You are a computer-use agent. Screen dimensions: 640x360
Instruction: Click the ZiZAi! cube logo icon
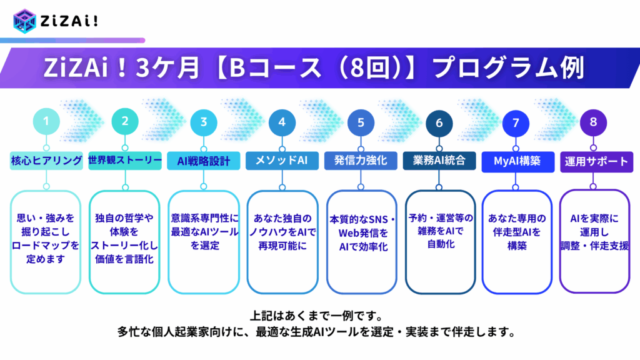(x=24, y=21)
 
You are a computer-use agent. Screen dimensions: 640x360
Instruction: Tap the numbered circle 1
(x=46, y=121)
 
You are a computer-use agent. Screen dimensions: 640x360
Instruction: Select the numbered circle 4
(x=282, y=122)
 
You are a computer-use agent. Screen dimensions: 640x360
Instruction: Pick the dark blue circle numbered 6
(x=439, y=123)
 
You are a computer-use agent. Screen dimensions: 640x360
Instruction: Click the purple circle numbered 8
(x=594, y=122)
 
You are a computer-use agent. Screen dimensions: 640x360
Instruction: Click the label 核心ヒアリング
(x=46, y=161)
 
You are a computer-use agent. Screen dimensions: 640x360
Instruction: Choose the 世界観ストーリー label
(x=125, y=161)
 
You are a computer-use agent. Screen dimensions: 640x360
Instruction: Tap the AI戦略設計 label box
(x=204, y=161)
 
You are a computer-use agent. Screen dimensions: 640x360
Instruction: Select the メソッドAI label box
(x=282, y=161)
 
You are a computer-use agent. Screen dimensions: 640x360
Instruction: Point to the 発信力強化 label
(x=361, y=161)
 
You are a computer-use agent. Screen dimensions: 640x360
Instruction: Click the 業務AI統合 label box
(x=439, y=161)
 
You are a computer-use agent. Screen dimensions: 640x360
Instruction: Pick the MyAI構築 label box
(x=518, y=162)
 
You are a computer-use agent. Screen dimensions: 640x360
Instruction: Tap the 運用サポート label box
(x=597, y=162)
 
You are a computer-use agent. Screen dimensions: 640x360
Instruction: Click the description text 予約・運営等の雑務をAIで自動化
(x=441, y=231)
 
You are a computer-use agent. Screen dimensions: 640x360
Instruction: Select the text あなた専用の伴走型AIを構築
(x=517, y=232)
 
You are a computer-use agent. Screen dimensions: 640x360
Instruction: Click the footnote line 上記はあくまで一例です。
(x=316, y=316)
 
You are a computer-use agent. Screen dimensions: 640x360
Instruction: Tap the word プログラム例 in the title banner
(x=509, y=67)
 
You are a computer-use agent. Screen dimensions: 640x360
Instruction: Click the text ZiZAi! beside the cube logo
(x=69, y=21)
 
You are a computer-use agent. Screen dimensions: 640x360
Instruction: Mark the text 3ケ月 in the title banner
(x=167, y=67)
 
